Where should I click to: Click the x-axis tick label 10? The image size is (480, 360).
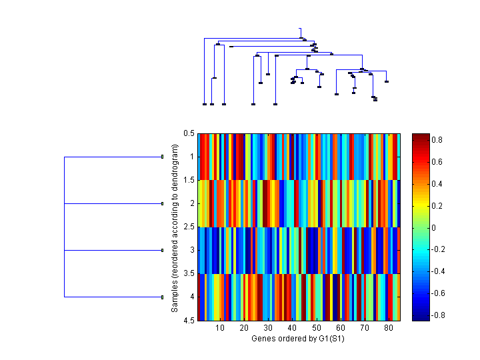(220, 329)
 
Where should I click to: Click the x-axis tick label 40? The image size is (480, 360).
(292, 329)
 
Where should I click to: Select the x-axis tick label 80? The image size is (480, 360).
(389, 329)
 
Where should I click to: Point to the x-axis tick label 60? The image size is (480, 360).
(341, 329)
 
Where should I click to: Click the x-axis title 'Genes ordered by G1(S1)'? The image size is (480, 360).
(294, 339)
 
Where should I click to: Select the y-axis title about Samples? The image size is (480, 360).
(175, 227)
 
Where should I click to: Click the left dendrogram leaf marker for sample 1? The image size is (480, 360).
(163, 157)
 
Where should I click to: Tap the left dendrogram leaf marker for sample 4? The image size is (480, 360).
(163, 297)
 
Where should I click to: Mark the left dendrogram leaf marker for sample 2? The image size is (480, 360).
(163, 203)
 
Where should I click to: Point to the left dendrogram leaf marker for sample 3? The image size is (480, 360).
(163, 250)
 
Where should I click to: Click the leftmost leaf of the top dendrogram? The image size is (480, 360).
(204, 104)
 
